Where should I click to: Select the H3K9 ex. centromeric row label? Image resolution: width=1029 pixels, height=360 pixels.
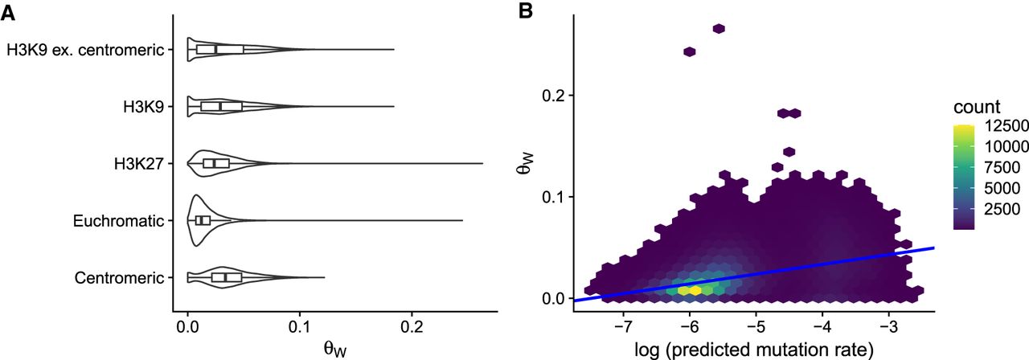[x=86, y=50]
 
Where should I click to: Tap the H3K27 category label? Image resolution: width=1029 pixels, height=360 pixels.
[x=140, y=164]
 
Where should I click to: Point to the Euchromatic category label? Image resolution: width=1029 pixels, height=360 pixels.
[x=119, y=220]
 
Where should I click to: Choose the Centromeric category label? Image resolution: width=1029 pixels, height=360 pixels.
[x=119, y=278]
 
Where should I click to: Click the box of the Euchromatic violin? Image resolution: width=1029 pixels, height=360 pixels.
[x=203, y=220]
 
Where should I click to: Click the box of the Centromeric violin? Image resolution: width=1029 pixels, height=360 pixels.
[x=227, y=277]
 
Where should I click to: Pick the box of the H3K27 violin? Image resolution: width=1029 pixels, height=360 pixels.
[x=216, y=164]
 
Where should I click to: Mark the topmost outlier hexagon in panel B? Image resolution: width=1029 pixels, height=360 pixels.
[x=719, y=29]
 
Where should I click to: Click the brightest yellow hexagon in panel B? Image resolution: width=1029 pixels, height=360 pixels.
[x=695, y=290]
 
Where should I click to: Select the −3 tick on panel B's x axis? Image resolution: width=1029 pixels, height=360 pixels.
[x=888, y=329]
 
